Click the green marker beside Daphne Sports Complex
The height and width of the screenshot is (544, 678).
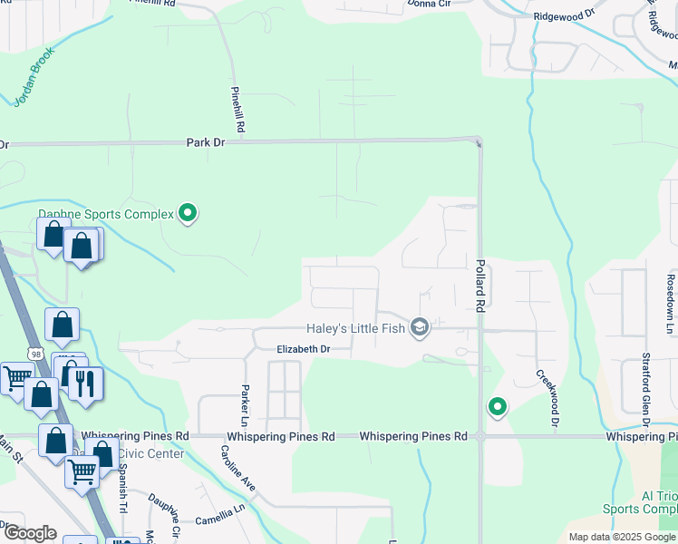pyautogui.click(x=189, y=213)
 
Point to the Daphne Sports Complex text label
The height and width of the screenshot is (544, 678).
pyautogui.click(x=105, y=214)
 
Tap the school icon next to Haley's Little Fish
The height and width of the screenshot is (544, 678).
pyautogui.click(x=419, y=326)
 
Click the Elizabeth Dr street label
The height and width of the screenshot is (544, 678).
pyautogui.click(x=303, y=348)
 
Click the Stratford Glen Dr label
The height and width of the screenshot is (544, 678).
pyautogui.click(x=646, y=389)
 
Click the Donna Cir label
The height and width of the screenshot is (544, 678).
pyautogui.click(x=429, y=4)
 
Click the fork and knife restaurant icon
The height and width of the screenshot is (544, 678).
pyautogui.click(x=85, y=384)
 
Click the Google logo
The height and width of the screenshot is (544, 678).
pyautogui.click(x=30, y=532)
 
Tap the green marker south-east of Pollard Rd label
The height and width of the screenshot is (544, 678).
pyautogui.click(x=497, y=408)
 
